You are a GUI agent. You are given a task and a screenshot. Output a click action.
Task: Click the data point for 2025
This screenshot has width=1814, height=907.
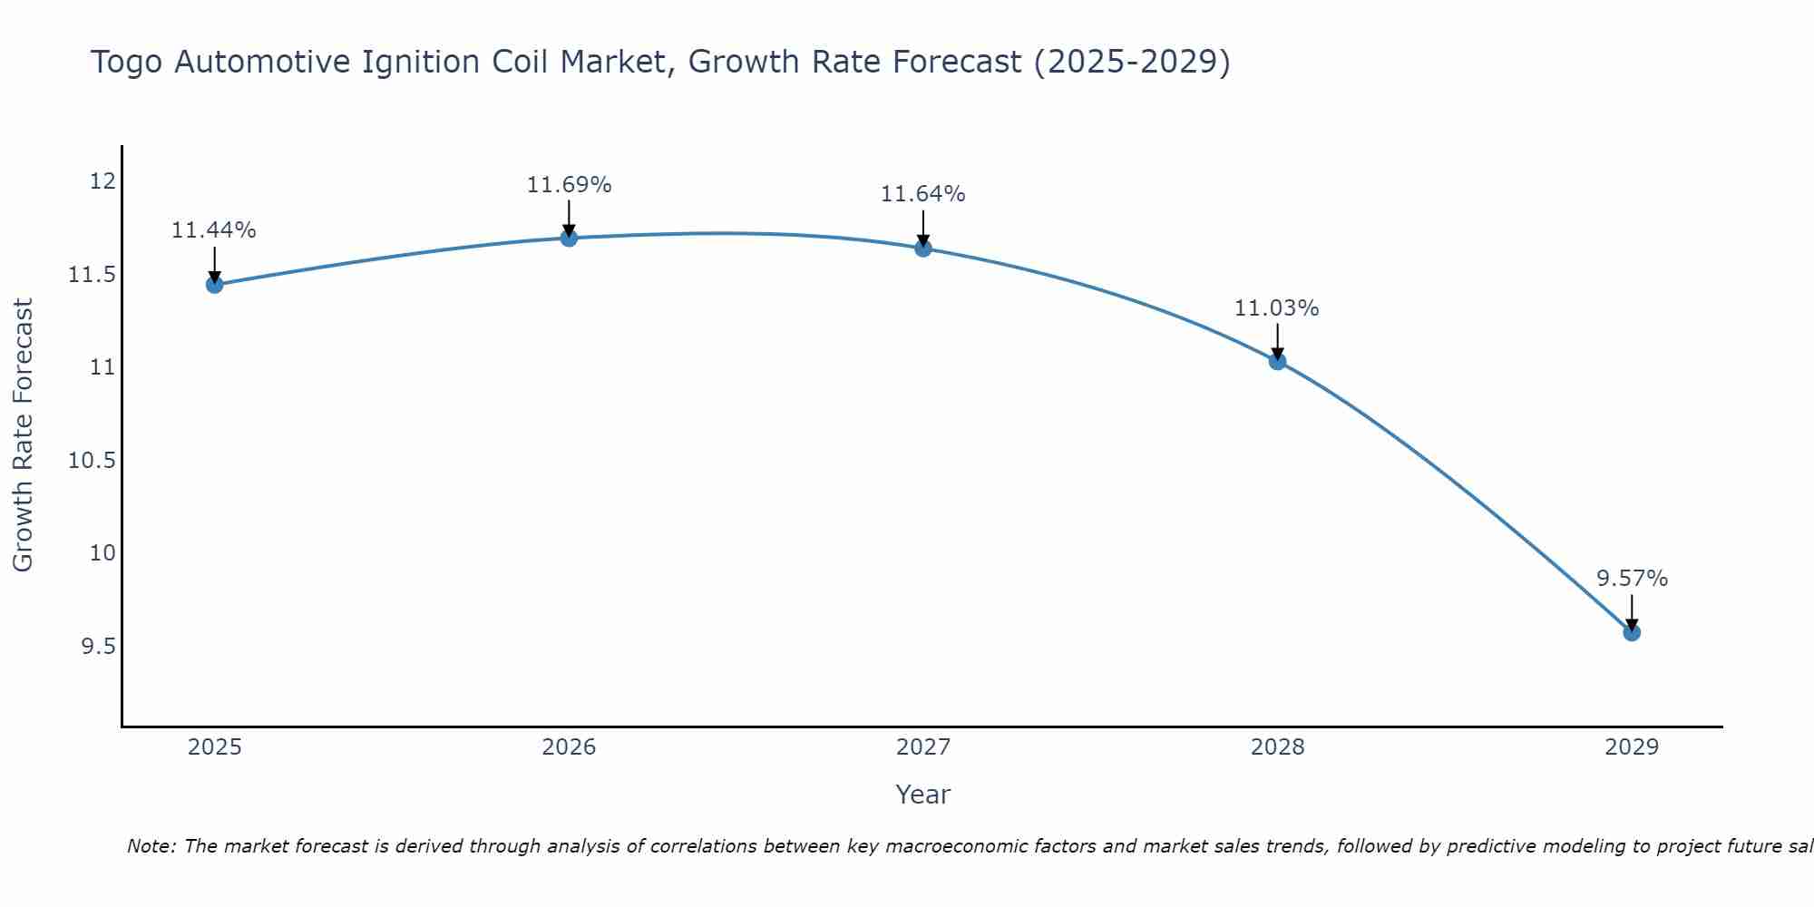coord(214,285)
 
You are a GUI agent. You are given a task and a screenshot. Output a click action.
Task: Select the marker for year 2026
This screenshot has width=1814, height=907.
coord(569,238)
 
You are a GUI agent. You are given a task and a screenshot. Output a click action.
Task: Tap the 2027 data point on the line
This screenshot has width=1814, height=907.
coord(923,248)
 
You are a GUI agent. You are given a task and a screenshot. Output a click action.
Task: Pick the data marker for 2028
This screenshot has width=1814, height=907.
coord(1277,361)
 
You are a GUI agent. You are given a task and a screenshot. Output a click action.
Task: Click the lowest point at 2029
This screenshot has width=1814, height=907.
coord(1632,632)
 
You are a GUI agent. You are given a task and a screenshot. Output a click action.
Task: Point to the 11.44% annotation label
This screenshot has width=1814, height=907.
coord(214,230)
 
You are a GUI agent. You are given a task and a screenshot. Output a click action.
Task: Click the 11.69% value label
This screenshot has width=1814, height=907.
coord(569,185)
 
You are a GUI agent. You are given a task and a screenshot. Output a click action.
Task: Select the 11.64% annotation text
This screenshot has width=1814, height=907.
coord(923,194)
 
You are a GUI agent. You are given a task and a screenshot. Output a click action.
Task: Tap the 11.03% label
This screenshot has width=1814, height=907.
coord(1277,308)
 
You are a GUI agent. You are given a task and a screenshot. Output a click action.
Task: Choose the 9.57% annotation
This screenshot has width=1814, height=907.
coord(1632,579)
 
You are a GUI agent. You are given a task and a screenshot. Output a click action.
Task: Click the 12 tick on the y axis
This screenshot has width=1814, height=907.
coord(102,181)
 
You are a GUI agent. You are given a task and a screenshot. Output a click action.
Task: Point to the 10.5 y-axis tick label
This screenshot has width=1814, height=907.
coord(93,461)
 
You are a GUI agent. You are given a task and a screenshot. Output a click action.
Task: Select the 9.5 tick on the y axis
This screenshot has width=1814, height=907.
coord(98,647)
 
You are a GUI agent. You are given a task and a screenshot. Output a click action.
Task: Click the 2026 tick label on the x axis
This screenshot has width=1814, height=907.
coord(569,747)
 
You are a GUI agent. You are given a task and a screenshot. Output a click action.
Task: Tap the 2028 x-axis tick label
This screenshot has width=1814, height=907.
coord(1277,747)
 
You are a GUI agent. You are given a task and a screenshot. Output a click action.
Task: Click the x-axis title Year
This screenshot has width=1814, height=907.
coord(922,795)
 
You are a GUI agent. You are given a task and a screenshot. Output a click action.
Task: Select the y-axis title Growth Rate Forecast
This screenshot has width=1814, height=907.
coord(23,434)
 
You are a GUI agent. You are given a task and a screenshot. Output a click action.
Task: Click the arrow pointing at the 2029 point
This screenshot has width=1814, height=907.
coord(1632,612)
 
